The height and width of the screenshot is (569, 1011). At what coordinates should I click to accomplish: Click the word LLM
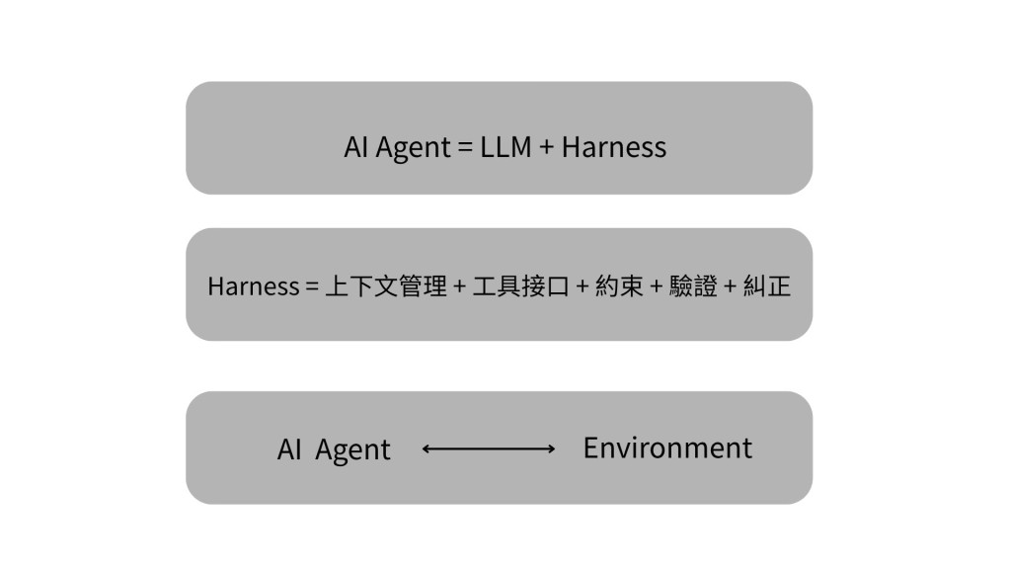click(505, 147)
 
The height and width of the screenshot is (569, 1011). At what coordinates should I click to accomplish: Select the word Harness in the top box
click(614, 147)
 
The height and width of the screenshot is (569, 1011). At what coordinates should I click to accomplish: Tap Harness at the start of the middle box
click(254, 286)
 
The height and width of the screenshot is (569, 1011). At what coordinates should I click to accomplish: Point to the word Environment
click(667, 447)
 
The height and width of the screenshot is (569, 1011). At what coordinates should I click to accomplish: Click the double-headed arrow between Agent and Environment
click(488, 449)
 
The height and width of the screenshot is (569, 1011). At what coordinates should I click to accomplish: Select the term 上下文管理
click(386, 285)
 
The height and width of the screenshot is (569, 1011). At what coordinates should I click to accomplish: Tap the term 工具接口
click(521, 285)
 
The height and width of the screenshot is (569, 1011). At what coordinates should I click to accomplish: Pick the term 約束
click(619, 285)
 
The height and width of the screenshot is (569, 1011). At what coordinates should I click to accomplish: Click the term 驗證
click(693, 285)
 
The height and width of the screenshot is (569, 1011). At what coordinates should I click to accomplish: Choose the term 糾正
click(766, 285)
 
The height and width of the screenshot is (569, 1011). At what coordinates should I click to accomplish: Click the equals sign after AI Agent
click(465, 148)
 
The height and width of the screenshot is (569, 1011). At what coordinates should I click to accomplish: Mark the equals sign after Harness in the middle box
click(312, 286)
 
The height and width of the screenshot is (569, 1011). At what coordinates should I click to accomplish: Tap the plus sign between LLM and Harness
click(547, 148)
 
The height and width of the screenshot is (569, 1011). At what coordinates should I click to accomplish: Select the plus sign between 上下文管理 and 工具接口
click(460, 286)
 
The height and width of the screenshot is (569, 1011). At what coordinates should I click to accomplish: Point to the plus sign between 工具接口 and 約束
click(583, 286)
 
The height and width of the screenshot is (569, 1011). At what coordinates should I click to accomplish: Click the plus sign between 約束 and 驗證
click(657, 286)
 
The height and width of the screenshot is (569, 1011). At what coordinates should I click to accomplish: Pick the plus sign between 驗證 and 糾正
click(730, 286)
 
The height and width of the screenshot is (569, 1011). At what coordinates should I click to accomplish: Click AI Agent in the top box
click(397, 148)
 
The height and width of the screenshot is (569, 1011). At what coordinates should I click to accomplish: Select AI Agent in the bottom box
click(334, 450)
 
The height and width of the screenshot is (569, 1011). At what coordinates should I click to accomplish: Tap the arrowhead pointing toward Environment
click(551, 449)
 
